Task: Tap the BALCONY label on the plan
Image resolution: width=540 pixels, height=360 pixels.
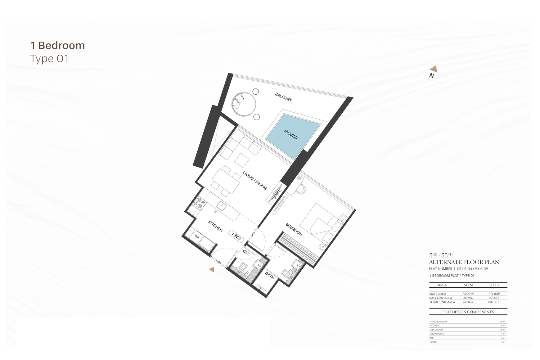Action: coord(284,97)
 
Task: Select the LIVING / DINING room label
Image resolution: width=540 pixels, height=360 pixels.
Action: coord(255,181)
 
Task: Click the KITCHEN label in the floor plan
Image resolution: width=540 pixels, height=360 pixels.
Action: coord(215,226)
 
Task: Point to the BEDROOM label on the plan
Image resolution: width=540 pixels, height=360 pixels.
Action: coord(294,230)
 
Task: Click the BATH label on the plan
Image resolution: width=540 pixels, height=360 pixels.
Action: coord(270,275)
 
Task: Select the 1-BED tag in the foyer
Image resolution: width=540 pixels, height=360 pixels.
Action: coord(236,236)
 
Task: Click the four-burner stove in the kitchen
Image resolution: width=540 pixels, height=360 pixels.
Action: coord(199,203)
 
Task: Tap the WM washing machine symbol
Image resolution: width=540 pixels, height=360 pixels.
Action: coord(197,237)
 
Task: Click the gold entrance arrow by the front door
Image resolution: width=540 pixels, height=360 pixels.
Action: coord(212,270)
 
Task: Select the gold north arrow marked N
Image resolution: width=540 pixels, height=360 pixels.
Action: coord(433,69)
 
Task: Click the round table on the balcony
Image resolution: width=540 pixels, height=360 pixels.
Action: coord(243,104)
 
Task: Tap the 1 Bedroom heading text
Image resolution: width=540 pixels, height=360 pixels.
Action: coord(58,46)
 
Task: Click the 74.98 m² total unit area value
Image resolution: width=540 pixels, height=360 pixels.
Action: coord(468,302)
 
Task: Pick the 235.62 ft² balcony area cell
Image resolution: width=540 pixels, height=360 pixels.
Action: coord(494,298)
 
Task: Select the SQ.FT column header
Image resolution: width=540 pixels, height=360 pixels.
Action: coord(494,285)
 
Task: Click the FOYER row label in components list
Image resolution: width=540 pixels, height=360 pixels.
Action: coord(433,342)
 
